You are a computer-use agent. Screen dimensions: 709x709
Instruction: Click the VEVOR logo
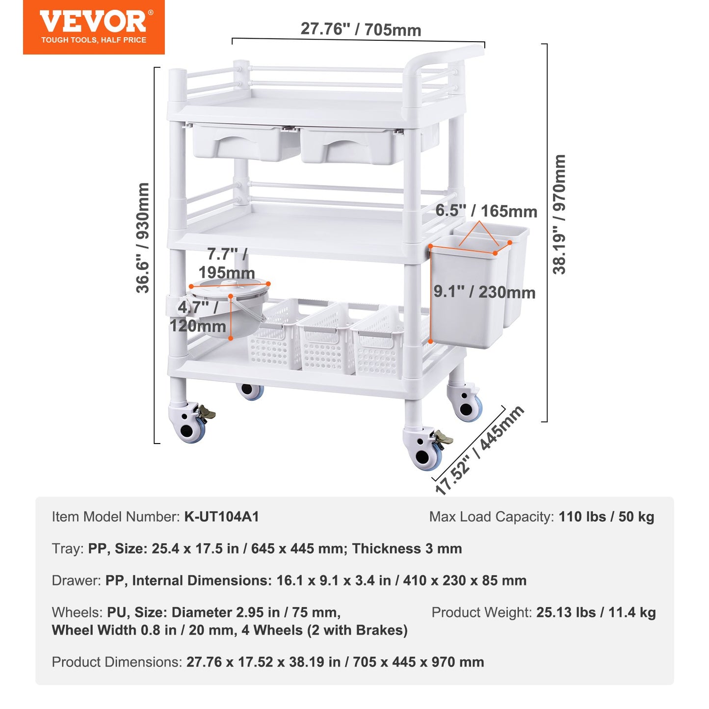(93, 22)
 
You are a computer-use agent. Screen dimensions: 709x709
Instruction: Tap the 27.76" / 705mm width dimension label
(361, 29)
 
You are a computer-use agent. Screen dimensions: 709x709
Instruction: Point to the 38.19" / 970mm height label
(559, 214)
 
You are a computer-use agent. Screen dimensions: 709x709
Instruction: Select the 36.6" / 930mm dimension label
(143, 238)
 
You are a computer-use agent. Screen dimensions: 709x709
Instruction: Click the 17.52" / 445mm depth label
(479, 449)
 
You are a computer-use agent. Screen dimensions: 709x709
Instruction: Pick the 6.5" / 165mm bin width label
(486, 211)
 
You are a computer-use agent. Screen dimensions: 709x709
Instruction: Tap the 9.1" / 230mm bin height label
(484, 292)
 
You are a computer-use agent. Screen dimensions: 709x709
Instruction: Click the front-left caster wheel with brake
(189, 422)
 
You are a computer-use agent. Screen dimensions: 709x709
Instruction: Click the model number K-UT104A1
(221, 517)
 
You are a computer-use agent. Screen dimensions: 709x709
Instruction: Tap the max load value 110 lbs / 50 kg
(606, 517)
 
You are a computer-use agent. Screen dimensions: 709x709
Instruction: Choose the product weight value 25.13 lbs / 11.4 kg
(596, 612)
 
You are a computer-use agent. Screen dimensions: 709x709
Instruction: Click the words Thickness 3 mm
(407, 549)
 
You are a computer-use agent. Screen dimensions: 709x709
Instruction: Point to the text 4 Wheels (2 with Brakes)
(324, 630)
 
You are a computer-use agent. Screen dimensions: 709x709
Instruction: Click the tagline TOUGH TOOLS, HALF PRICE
(93, 40)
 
